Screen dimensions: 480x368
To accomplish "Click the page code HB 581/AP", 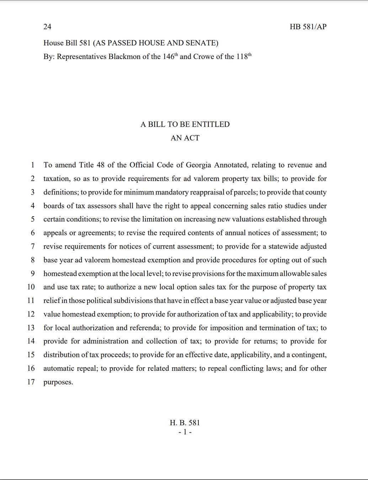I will click(308, 27).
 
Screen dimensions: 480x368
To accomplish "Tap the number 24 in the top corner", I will click(47, 27).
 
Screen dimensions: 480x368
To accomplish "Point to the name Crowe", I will click(203, 57).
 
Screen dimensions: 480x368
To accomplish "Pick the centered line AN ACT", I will click(185, 138).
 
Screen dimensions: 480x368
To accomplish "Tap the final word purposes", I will click(58, 382).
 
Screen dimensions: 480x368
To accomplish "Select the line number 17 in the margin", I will click(31, 382).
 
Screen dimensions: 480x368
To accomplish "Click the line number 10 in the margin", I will click(31, 287).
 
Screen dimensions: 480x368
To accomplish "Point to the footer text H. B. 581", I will click(185, 423).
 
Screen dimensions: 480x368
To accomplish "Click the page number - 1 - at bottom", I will click(185, 432).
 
